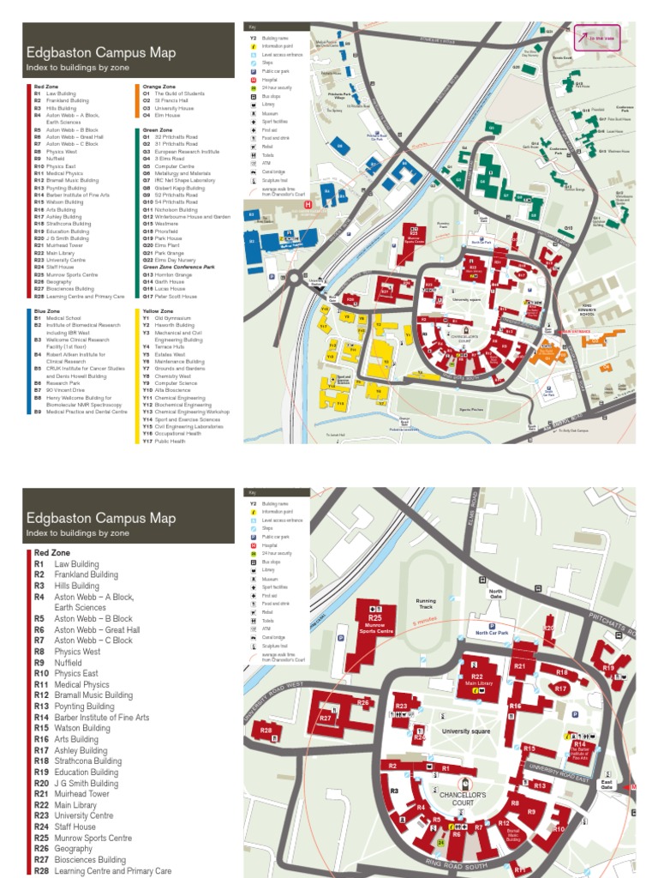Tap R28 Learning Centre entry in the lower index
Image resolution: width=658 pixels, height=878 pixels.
(103, 871)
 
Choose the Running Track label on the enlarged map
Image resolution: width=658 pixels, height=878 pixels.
(426, 605)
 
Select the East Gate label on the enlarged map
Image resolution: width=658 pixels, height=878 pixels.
(606, 785)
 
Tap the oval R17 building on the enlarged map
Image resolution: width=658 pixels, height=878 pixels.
(560, 688)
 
